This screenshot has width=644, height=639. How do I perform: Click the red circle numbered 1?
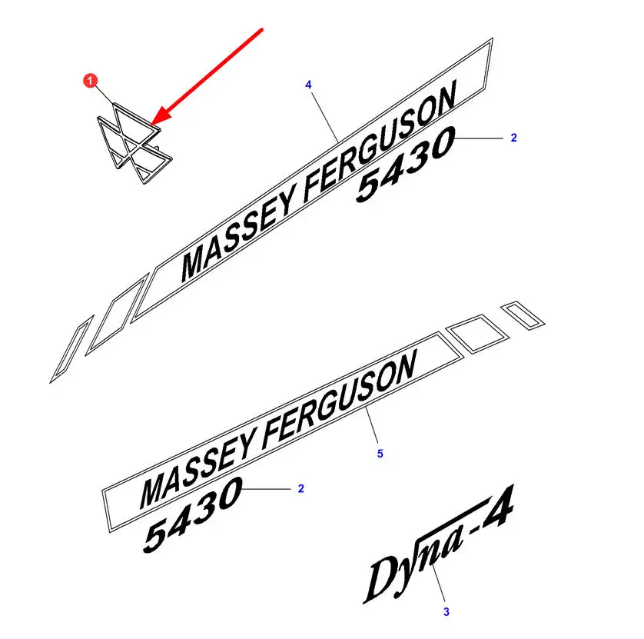(91, 79)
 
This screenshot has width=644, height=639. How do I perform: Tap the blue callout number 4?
(308, 84)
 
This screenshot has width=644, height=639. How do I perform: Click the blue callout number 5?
(380, 454)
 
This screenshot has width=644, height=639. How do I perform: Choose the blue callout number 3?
(446, 612)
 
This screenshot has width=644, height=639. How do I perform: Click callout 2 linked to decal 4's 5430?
(514, 138)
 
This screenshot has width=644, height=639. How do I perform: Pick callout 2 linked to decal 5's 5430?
(301, 488)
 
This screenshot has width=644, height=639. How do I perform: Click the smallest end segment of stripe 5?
(520, 314)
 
